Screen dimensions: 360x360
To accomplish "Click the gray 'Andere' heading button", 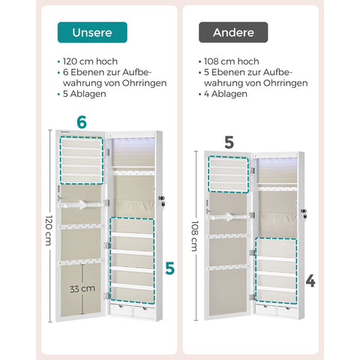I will click(x=232, y=32).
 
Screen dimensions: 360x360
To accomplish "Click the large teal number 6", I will click(x=82, y=122).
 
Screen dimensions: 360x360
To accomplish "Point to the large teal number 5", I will click(x=169, y=266).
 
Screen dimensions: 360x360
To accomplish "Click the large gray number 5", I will click(x=229, y=142).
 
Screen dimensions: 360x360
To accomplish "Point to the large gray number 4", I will click(x=310, y=281).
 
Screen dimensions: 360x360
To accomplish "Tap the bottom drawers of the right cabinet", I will click(x=275, y=308).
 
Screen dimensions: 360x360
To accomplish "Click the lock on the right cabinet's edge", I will click(x=304, y=215).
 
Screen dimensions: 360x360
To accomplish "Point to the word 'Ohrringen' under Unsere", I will click(x=142, y=83).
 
